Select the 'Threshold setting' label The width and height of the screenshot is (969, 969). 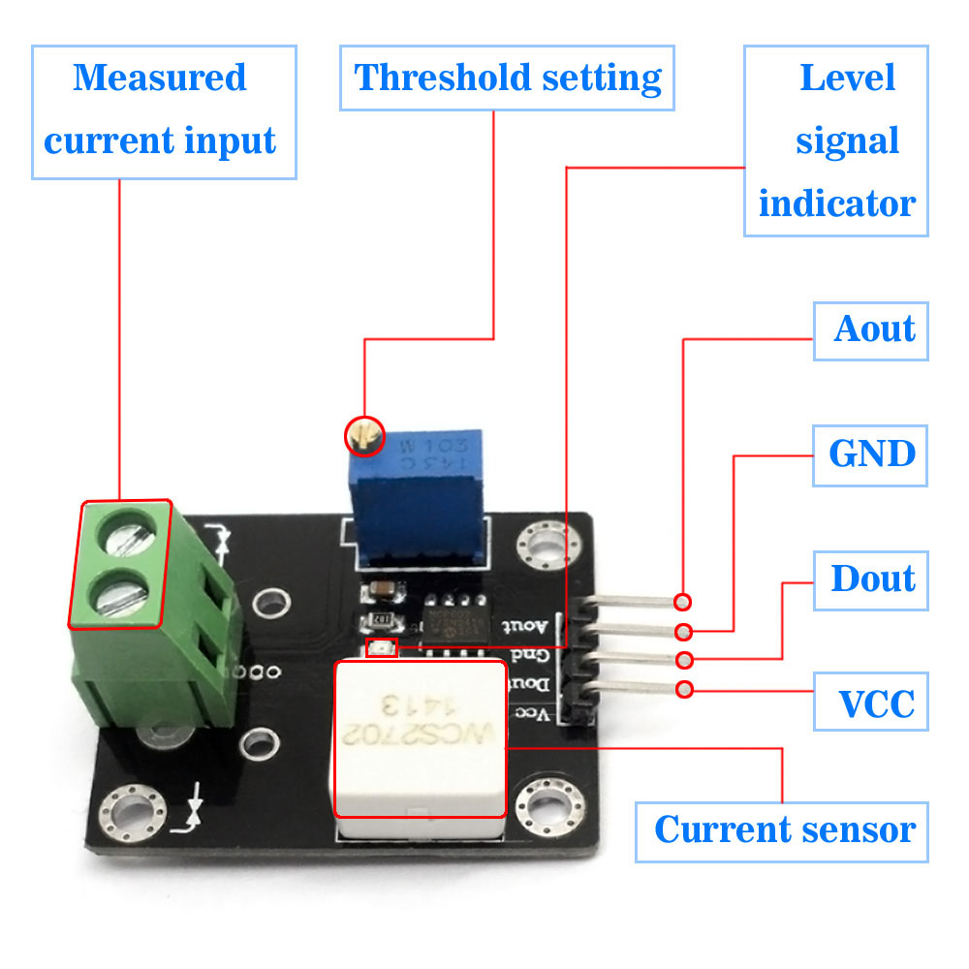pos(507,78)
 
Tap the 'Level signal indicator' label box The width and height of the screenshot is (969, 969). pos(836,141)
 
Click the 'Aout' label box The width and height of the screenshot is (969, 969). pos(871,330)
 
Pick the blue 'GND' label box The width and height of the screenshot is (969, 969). pos(871,454)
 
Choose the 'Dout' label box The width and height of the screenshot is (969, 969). pos(871,579)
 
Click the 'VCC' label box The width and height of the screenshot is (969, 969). pos(871,703)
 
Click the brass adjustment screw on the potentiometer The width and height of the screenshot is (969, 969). pos(364,436)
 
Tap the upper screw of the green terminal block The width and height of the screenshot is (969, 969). pos(124,531)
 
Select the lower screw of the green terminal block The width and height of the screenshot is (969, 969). pos(120,594)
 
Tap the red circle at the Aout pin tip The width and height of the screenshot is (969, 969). pos(684,602)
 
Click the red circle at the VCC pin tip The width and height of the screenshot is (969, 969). pos(684,690)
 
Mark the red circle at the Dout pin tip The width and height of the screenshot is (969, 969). pos(684,661)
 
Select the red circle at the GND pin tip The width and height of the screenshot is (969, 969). pos(684,632)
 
